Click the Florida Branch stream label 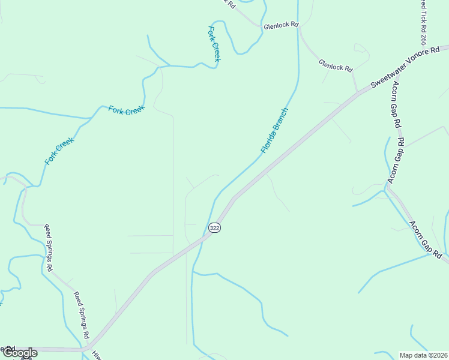[x=274, y=130]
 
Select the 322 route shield [x=215, y=228]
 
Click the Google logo [x=20, y=353]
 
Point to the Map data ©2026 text [x=423, y=355]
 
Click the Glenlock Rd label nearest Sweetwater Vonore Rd [x=336, y=64]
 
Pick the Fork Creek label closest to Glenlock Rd [x=214, y=43]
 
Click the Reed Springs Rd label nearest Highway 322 [x=81, y=315]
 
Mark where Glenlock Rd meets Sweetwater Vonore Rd [x=358, y=92]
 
